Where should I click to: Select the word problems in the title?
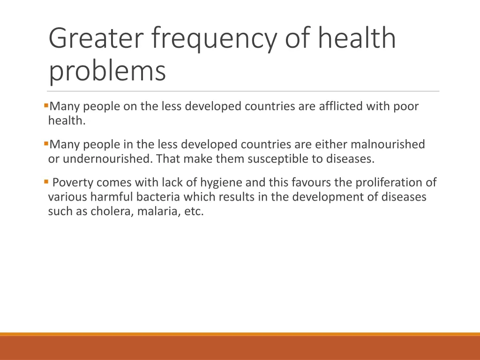[x=107, y=71]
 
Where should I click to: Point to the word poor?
[x=406, y=107]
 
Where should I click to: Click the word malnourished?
[x=388, y=144]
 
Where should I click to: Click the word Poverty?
[x=73, y=182]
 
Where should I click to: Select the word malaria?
[x=157, y=211]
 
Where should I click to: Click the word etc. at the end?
[x=194, y=211]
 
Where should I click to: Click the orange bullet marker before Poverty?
[x=46, y=181]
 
